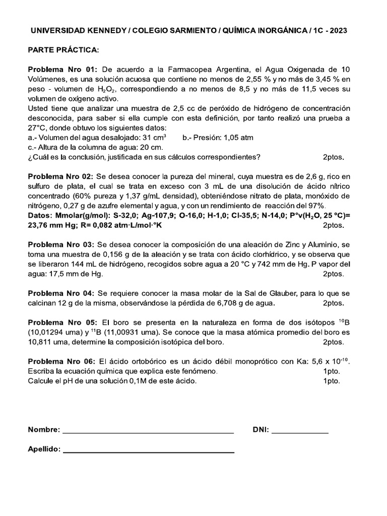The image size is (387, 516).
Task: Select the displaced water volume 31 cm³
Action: click(x=152, y=138)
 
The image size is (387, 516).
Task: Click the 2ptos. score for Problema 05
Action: click(x=333, y=342)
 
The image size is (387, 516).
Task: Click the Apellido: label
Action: click(x=44, y=449)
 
